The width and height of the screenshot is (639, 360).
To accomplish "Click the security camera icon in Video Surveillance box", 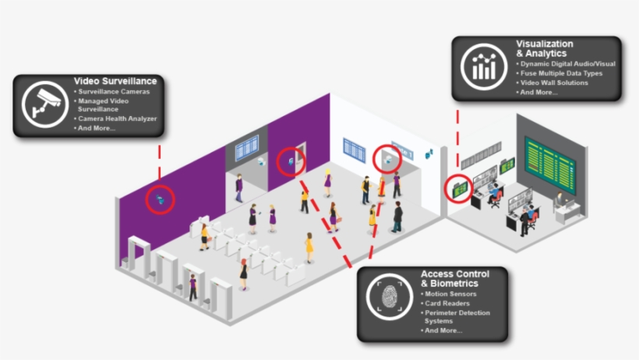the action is point(45,104).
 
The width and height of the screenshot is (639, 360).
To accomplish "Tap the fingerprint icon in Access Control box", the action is point(390,296).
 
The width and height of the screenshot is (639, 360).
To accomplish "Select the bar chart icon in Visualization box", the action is point(484,67).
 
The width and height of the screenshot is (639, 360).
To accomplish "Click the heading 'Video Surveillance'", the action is point(115,81).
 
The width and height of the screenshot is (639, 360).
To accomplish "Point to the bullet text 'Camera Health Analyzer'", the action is point(118,118).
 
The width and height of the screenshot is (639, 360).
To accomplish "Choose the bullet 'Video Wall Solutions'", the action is point(554,83).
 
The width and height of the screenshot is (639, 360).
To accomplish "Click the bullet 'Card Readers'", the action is point(447,303).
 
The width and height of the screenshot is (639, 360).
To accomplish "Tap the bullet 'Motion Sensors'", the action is point(450,294).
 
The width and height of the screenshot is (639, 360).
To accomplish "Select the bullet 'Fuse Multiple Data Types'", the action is point(561,73).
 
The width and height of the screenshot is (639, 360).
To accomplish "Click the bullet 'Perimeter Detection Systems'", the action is point(457,317).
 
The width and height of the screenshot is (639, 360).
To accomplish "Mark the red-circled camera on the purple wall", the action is point(161,199).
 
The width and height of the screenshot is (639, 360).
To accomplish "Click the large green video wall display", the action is point(549,165).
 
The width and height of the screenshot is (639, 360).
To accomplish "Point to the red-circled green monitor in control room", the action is point(460,189).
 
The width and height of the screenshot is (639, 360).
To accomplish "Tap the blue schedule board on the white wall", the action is point(354,150).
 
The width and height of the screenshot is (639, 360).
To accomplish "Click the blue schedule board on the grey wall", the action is point(247,147).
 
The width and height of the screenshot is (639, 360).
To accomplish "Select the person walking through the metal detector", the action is point(193,288).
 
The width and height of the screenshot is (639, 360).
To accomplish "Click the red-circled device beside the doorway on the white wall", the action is point(388,160).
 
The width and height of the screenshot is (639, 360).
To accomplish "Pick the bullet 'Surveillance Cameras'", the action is point(114,92).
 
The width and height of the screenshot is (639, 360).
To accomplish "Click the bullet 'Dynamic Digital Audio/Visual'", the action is point(567,64).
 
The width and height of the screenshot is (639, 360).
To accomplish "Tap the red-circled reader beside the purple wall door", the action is point(291,162).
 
